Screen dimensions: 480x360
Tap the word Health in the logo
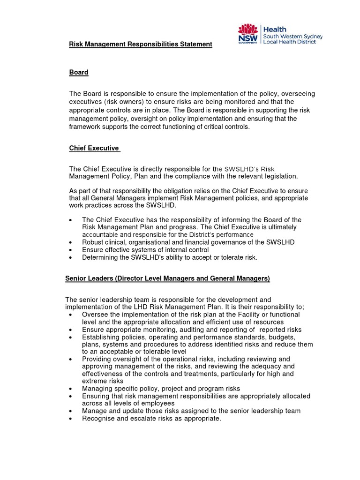(277, 29)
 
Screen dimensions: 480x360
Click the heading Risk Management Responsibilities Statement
(141, 44)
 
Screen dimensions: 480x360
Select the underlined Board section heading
(79, 72)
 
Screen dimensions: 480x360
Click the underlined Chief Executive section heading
(94, 148)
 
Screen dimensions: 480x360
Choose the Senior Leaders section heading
(167, 278)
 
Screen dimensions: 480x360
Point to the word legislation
(277, 176)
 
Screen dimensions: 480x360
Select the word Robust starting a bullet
(93, 242)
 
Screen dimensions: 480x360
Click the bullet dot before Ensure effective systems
(70, 250)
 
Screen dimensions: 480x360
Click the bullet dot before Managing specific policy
(70, 389)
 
